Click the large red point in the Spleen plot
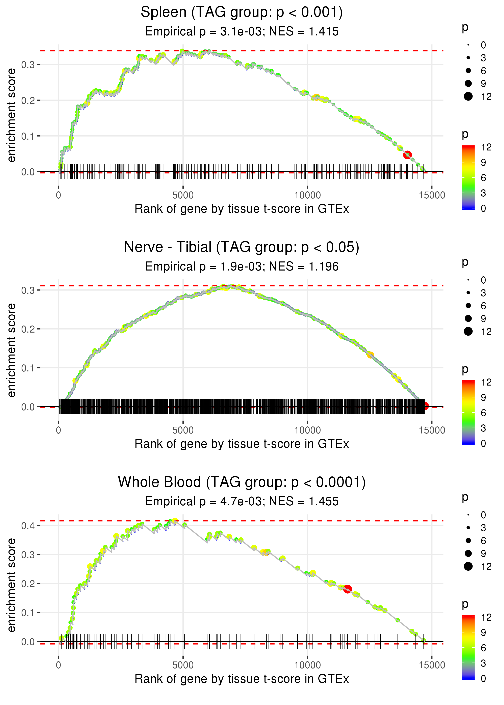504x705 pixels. [407, 155]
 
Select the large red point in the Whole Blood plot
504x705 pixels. [348, 589]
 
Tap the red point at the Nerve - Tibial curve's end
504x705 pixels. [425, 406]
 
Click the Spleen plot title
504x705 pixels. [242, 12]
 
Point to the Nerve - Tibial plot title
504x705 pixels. [242, 247]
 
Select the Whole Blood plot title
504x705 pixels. [242, 482]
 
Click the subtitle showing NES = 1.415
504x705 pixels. [242, 32]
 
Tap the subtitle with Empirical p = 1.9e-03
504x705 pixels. [242, 267]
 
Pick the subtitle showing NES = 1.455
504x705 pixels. [242, 502]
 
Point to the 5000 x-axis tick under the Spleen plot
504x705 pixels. [183, 195]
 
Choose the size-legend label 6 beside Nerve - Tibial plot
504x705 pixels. [483, 306]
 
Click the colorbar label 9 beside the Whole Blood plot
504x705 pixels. [483, 632]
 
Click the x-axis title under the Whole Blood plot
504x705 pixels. [242, 679]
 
